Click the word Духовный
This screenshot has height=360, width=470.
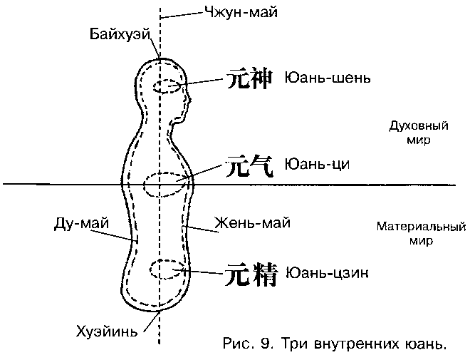coord(418,126)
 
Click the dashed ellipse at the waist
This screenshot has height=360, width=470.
coord(169,185)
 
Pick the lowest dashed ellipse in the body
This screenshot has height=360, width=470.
coord(168,269)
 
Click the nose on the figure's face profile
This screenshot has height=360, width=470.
coord(192,97)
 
